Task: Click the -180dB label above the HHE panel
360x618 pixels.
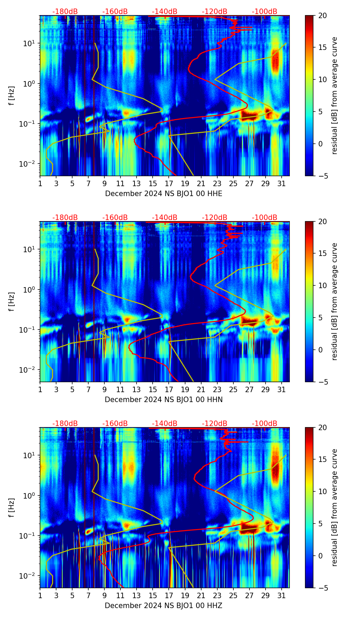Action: point(65,12)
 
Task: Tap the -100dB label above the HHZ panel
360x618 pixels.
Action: point(265,424)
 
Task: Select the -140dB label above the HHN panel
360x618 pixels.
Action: point(165,218)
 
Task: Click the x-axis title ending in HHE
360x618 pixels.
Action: point(164,194)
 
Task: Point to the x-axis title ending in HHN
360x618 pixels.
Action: point(164,400)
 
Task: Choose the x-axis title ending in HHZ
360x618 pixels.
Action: point(164,606)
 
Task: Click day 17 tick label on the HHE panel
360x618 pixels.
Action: point(169,183)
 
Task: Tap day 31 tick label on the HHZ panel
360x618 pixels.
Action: point(282,595)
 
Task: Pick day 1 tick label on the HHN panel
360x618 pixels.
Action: point(40,389)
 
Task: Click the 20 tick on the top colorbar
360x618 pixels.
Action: point(322,16)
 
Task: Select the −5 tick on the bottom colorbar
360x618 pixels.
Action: point(322,588)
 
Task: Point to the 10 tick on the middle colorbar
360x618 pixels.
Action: point(322,285)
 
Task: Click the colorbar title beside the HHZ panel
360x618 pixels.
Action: point(334,507)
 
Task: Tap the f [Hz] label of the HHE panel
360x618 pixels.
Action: point(12,96)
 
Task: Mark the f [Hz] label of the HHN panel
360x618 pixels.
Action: point(12,302)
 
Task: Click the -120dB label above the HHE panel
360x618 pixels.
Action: point(215,12)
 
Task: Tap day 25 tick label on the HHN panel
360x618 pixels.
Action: point(233,389)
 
